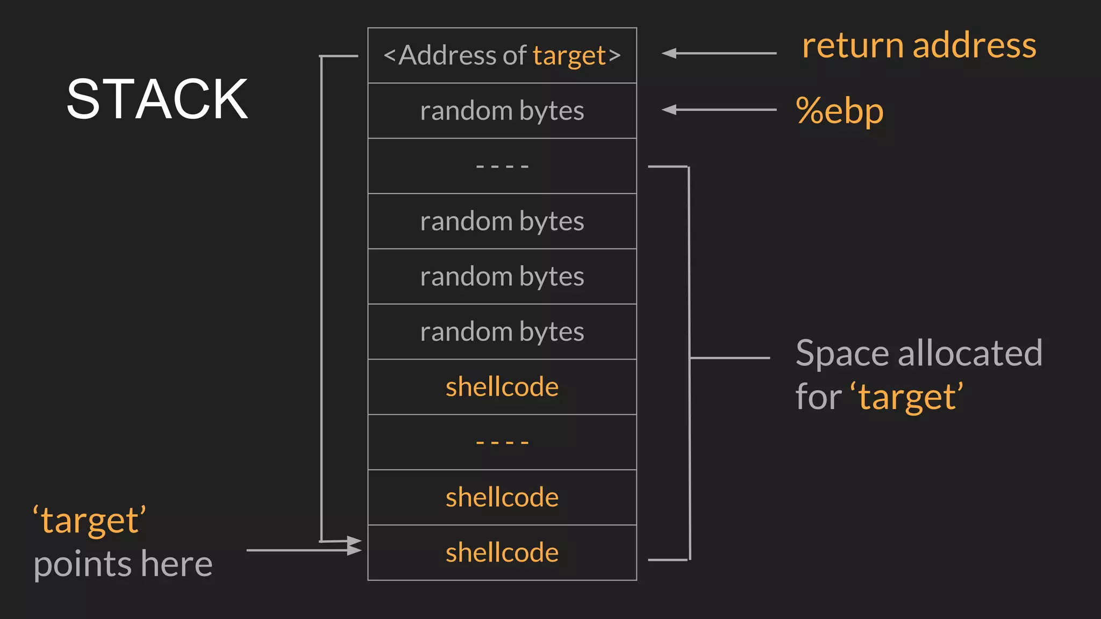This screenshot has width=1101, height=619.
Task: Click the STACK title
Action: click(x=157, y=99)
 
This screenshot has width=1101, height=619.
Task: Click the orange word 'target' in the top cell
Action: click(x=569, y=56)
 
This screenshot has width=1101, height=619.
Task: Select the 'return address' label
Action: click(x=918, y=45)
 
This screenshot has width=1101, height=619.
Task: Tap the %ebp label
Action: click(x=839, y=111)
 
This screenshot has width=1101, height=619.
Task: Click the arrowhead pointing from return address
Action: click(x=669, y=53)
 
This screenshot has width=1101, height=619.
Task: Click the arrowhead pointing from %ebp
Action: click(x=669, y=110)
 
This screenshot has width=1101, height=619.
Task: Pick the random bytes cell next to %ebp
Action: click(x=502, y=111)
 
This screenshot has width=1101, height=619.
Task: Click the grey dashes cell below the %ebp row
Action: click(x=502, y=167)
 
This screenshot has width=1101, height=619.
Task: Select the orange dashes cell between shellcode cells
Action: click(x=502, y=442)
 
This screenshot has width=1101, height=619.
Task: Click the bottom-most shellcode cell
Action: click(x=502, y=553)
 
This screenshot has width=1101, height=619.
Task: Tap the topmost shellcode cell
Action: click(x=502, y=387)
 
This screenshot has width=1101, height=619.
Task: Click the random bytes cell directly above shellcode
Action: click(x=502, y=332)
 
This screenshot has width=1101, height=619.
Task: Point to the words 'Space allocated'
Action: click(x=918, y=354)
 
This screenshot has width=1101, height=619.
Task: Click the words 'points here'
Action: click(x=123, y=564)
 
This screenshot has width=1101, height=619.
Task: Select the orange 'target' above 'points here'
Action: click(x=89, y=521)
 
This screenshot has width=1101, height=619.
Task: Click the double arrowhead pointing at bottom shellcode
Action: click(x=354, y=545)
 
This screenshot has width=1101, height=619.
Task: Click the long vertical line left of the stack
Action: click(x=321, y=296)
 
